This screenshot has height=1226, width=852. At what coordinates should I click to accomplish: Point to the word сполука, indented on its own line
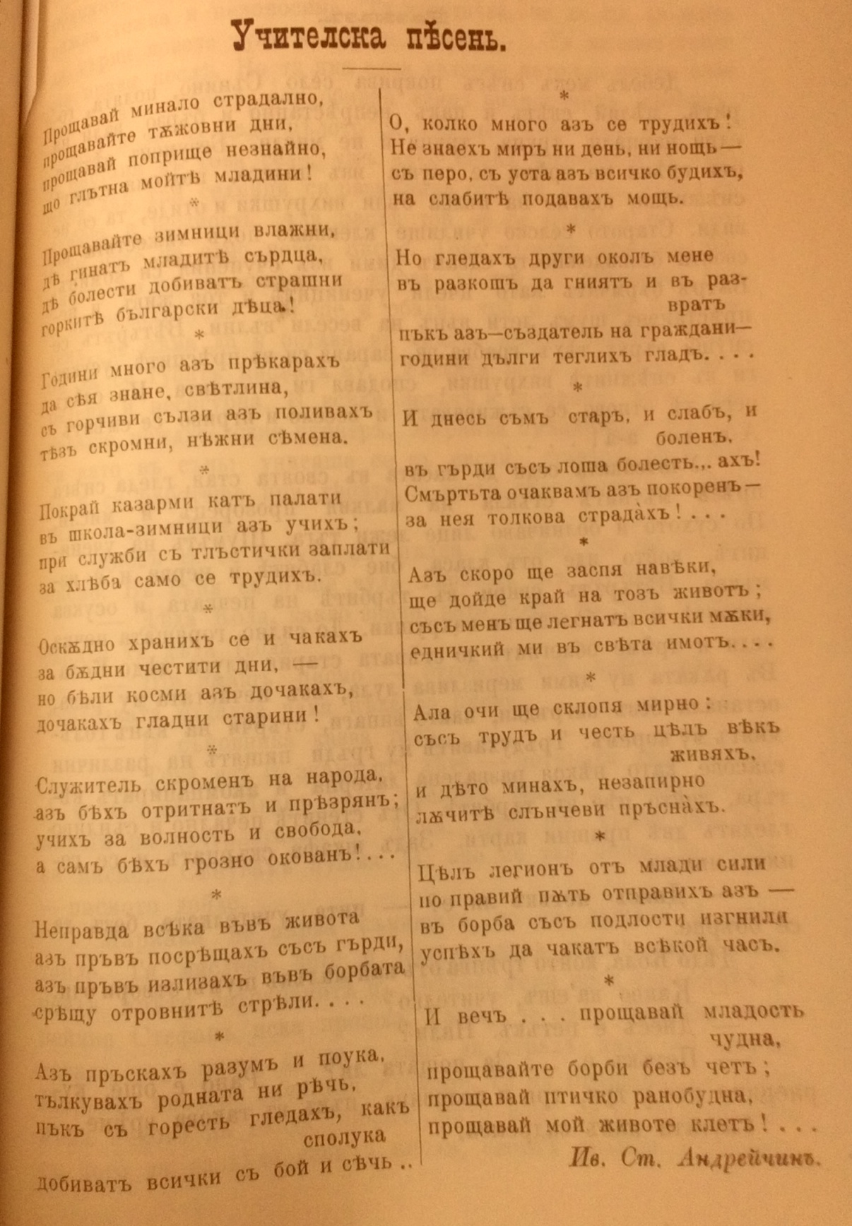(345, 1136)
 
